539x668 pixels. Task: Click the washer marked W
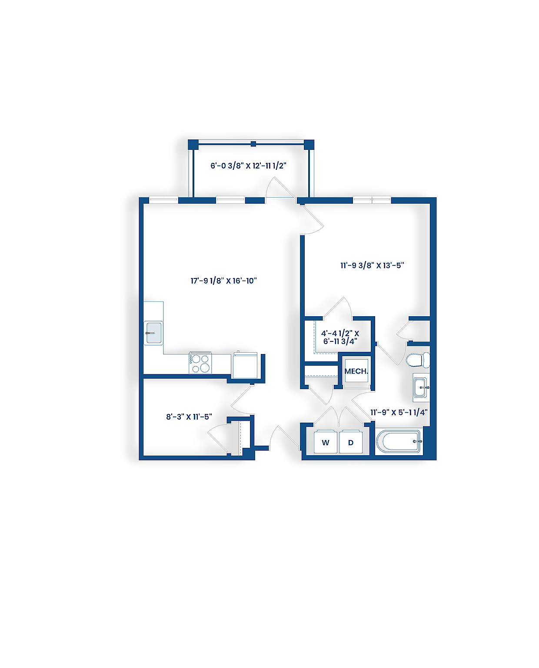coord(325,442)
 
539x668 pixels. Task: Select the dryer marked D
coord(351,442)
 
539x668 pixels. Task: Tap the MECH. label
coord(356,371)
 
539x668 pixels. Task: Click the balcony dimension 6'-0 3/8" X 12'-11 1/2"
coord(248,165)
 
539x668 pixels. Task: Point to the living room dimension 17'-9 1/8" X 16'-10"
coord(223,281)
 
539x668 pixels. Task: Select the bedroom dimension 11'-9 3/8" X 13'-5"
coord(372,265)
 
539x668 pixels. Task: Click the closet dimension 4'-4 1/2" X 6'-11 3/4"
coord(340,337)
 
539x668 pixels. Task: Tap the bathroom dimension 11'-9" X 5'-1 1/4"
coord(399,412)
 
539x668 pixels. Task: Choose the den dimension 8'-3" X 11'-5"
coord(189,417)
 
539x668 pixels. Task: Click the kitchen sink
coord(153,333)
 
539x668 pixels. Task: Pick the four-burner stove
coord(200,364)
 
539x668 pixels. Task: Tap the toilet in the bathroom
coord(416,360)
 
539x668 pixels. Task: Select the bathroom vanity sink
coord(421,387)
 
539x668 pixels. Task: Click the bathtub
coord(399,442)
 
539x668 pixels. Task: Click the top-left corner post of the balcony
coord(193,144)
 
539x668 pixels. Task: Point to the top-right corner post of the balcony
coord(309,144)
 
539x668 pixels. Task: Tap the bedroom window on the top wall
coord(372,200)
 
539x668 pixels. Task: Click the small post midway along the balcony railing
coord(253,144)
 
